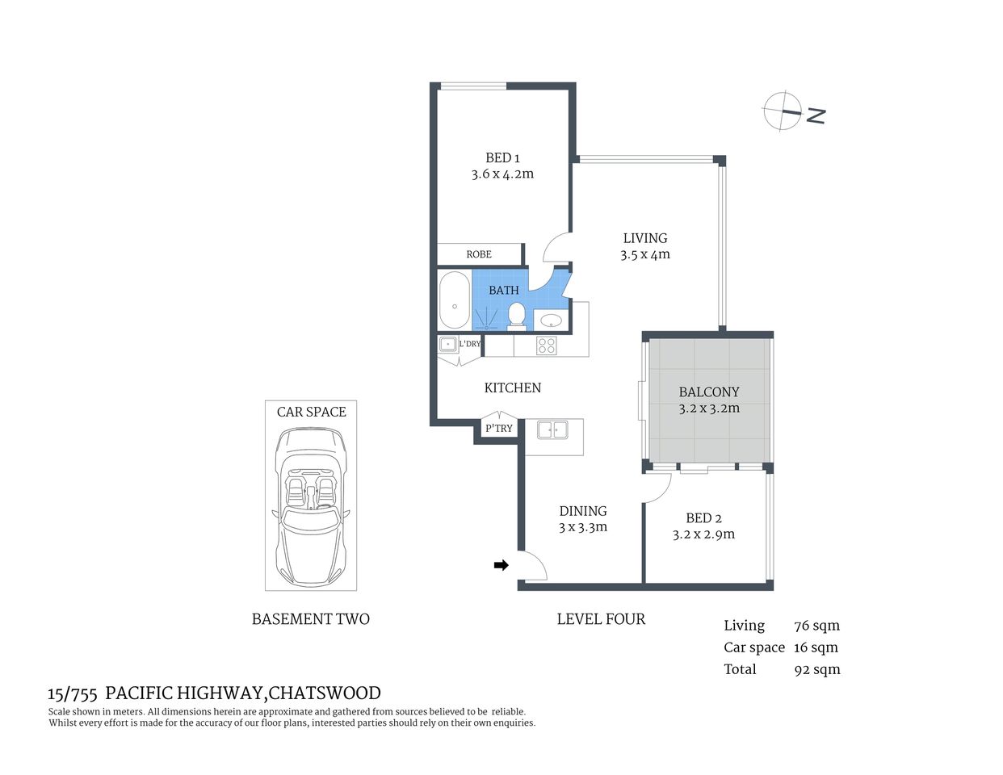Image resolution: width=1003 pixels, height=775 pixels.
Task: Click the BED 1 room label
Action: (502, 158)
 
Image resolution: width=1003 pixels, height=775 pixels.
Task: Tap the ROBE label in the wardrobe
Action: (479, 254)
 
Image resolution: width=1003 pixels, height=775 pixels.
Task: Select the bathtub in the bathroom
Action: (454, 301)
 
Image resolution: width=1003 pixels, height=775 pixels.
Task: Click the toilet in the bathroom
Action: (517, 316)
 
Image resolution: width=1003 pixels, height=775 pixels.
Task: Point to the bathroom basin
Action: (551, 320)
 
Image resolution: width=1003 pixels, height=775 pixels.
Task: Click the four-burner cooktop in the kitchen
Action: (547, 346)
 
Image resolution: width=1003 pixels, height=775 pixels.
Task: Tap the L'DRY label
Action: (470, 344)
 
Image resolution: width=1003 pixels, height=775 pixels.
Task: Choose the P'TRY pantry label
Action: (499, 429)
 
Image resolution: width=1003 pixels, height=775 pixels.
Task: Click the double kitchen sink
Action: (553, 429)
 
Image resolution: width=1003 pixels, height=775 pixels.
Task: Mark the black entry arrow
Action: (501, 565)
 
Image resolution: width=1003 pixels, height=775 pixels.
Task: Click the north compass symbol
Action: (783, 111)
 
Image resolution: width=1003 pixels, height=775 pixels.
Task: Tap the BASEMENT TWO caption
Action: (311, 619)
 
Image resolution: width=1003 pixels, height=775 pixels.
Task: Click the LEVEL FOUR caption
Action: (601, 619)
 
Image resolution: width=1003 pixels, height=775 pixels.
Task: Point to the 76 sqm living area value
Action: (816, 626)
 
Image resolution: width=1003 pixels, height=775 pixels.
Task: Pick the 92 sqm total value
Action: (816, 669)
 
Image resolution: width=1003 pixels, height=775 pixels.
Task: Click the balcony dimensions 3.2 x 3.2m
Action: (709, 408)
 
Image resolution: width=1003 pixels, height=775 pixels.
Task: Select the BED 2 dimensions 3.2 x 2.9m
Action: (703, 534)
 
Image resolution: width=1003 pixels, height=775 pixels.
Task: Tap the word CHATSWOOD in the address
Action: (325, 693)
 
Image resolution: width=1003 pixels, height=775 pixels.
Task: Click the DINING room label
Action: (583, 511)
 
